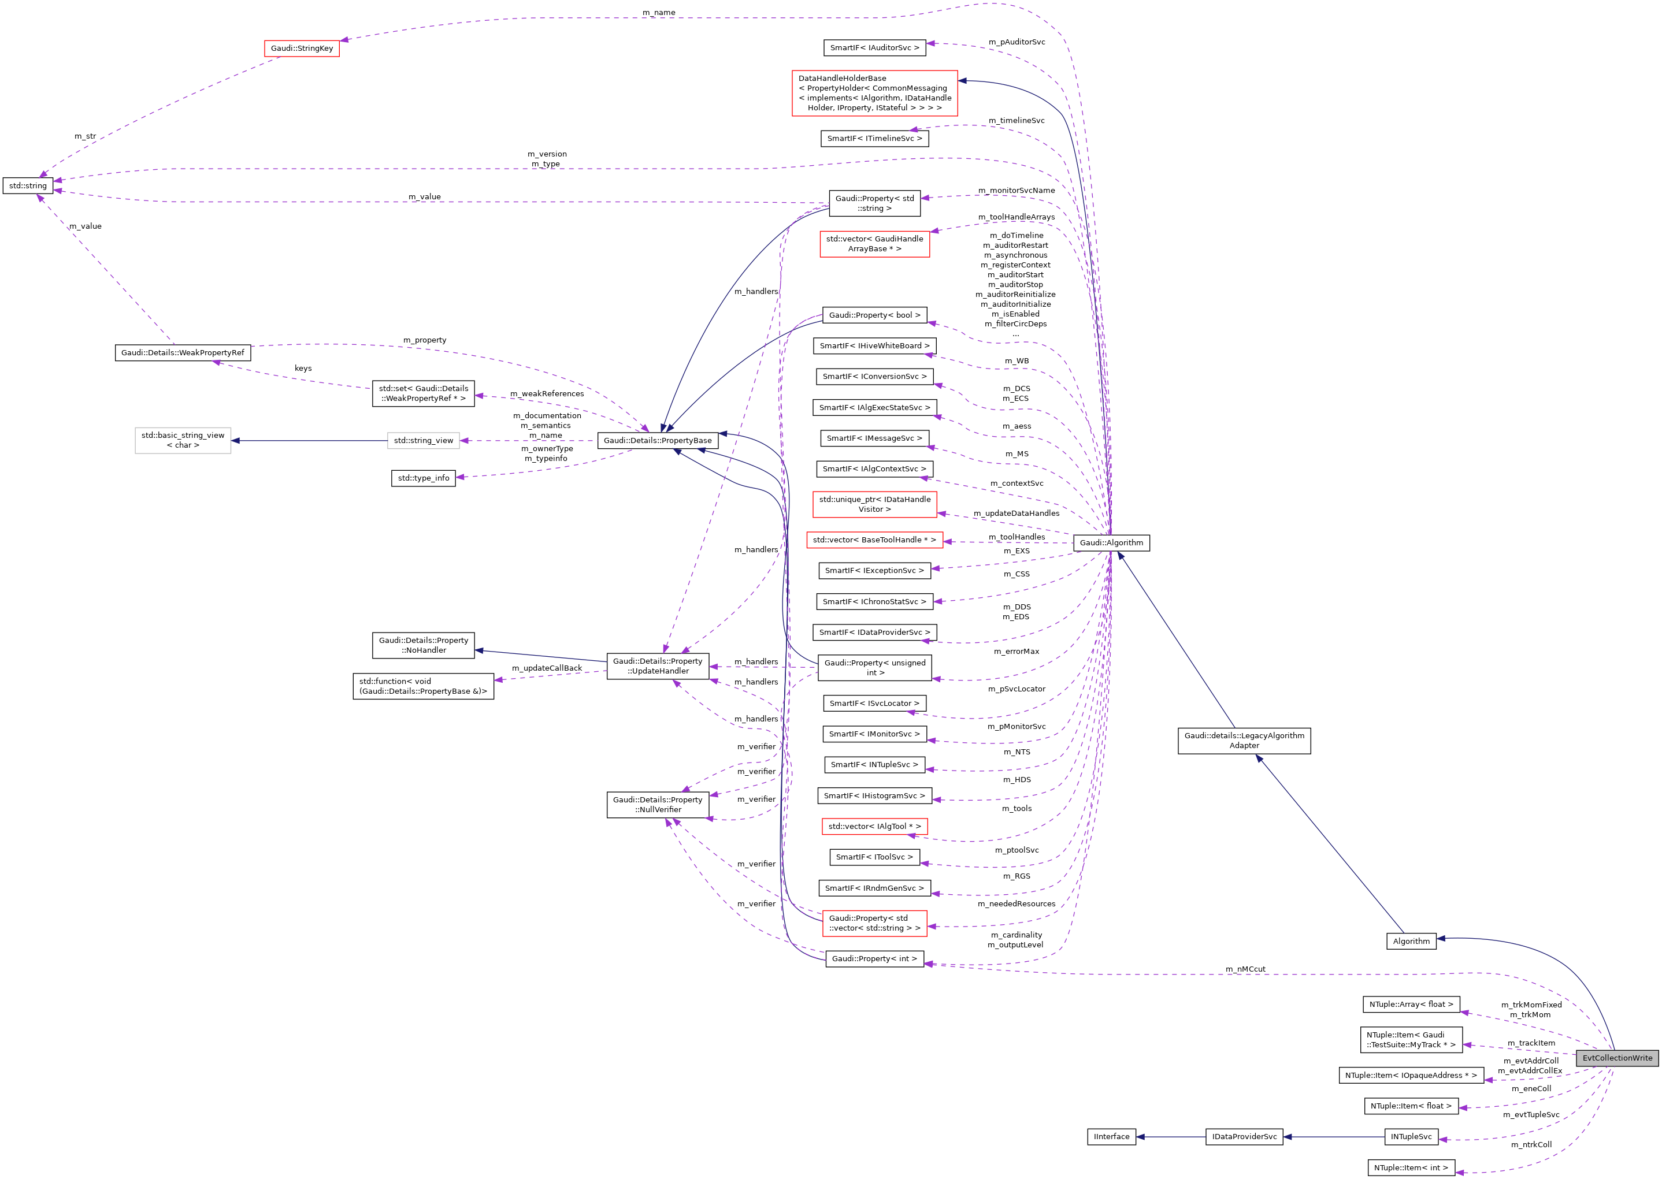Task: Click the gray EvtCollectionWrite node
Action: pyautogui.click(x=1616, y=1058)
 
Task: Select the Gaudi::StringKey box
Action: pyautogui.click(x=301, y=49)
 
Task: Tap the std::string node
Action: pyautogui.click(x=28, y=186)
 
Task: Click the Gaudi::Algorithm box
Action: pyautogui.click(x=1110, y=543)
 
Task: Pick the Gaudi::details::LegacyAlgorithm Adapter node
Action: pyautogui.click(x=1243, y=741)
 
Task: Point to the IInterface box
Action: pyautogui.click(x=1111, y=1137)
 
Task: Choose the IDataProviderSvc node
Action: pyautogui.click(x=1243, y=1137)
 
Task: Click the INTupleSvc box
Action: pyautogui.click(x=1410, y=1137)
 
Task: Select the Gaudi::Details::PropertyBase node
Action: pyautogui.click(x=657, y=441)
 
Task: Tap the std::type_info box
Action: pyautogui.click(x=424, y=478)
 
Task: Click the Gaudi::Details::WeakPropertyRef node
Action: pyautogui.click(x=182, y=353)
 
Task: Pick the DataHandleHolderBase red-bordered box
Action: pyautogui.click(x=874, y=93)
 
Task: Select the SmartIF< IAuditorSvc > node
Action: pyautogui.click(x=874, y=48)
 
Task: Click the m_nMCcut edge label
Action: pyautogui.click(x=1245, y=969)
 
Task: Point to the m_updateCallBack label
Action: pyautogui.click(x=546, y=668)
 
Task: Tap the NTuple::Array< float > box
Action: pyautogui.click(x=1410, y=1005)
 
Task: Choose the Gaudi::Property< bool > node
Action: pyautogui.click(x=874, y=315)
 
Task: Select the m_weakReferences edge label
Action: pyautogui.click(x=546, y=393)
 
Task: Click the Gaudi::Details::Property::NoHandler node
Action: pyautogui.click(x=424, y=645)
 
